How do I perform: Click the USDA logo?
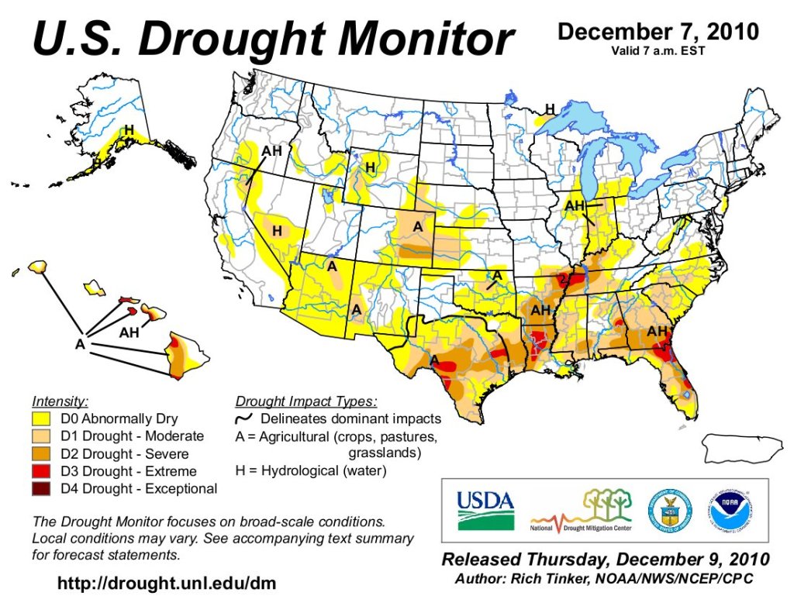point(485,510)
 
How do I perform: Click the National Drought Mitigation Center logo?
point(581,511)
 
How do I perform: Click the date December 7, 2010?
point(658,32)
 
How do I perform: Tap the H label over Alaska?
point(129,129)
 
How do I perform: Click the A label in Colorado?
point(418,226)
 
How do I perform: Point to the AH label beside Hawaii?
point(129,332)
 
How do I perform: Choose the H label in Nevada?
point(277,231)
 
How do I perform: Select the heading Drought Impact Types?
point(306,401)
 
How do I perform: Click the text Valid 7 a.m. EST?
point(658,51)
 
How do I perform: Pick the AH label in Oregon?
point(272,150)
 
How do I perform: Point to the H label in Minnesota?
point(550,109)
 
